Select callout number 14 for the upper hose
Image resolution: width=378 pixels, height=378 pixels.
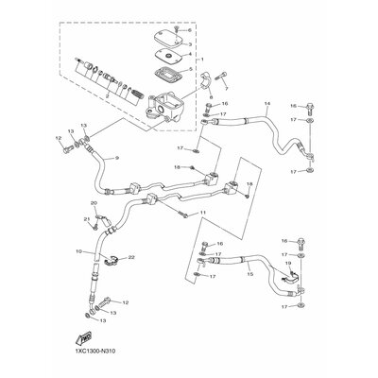268,103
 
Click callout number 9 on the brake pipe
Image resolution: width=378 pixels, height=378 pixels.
116,158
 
